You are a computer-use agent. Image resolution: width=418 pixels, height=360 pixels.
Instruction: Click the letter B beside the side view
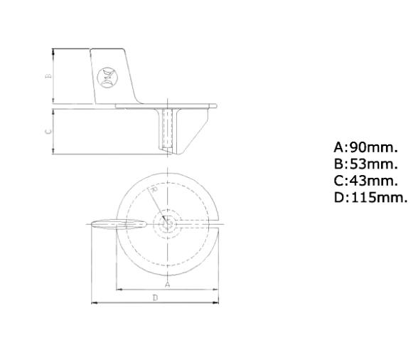48,76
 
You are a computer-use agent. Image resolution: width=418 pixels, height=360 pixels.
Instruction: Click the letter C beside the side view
48,131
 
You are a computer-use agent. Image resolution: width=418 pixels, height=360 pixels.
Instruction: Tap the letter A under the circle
167,284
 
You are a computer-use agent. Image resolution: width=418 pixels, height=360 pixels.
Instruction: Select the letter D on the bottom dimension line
155,298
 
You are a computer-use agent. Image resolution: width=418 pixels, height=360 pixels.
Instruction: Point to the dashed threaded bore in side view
168,128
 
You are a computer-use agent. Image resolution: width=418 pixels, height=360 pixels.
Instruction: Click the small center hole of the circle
168,223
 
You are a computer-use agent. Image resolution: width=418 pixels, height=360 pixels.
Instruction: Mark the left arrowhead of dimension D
94,303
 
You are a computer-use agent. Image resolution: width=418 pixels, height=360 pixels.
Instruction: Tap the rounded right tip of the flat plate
215,106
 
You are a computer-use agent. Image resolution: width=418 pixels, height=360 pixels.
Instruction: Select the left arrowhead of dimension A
118,290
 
